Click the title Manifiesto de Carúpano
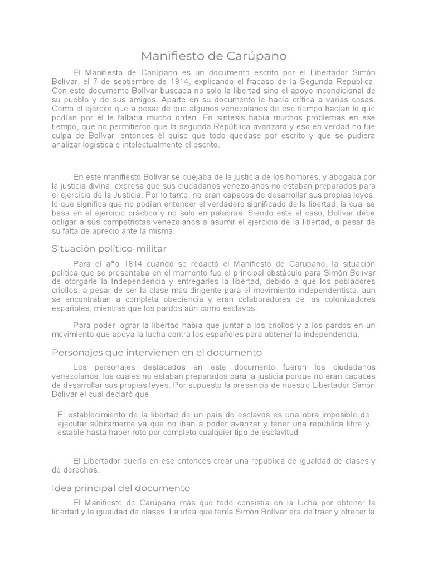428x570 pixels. tap(214, 56)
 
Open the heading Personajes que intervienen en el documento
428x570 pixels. tap(157, 353)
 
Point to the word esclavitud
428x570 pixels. tap(277, 433)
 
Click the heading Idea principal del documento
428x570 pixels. tap(121, 488)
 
